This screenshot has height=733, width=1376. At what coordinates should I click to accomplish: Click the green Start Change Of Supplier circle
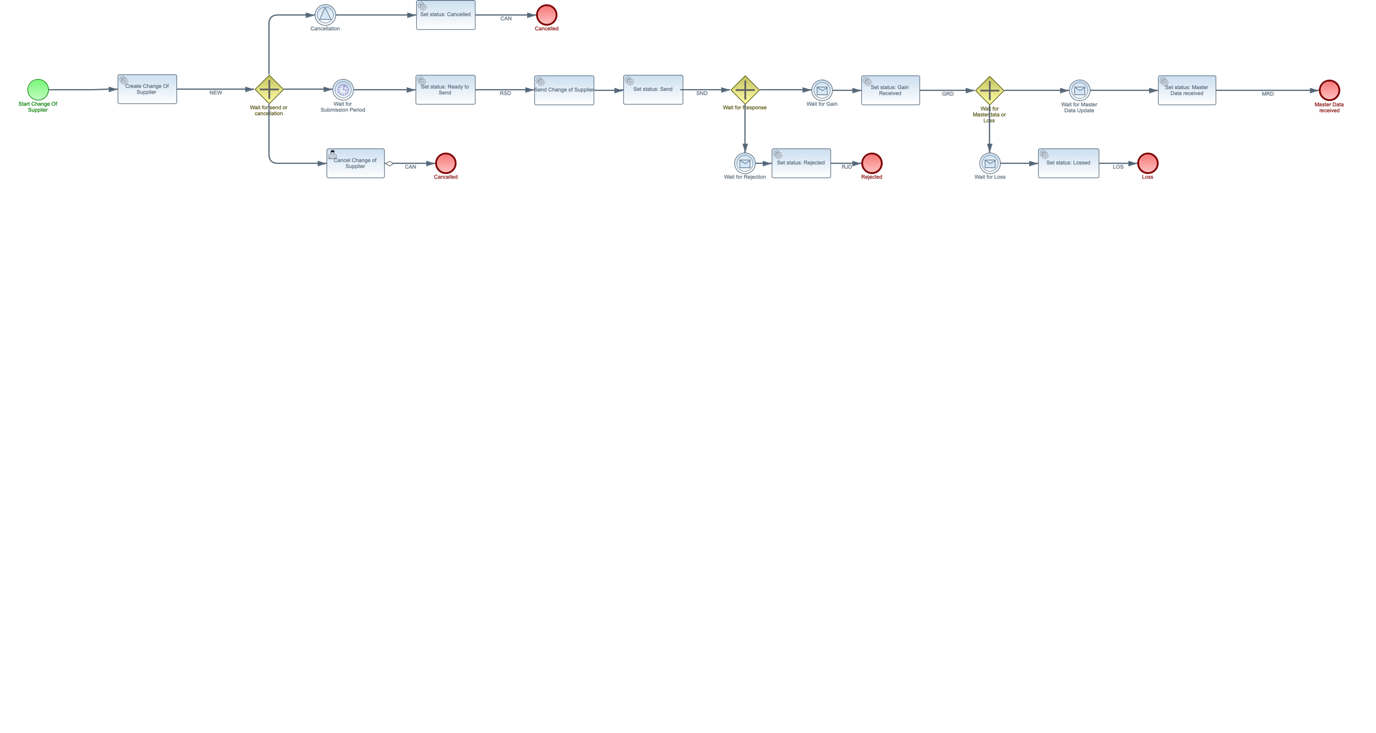[x=38, y=90]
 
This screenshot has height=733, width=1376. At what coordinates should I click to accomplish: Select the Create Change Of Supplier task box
[x=147, y=89]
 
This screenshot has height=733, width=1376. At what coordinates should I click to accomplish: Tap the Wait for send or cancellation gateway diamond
[x=269, y=90]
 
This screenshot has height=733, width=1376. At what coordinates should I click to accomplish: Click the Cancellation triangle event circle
[x=325, y=15]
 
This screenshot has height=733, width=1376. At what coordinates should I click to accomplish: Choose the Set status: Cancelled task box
[x=446, y=15]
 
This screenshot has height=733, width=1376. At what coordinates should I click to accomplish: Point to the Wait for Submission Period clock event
[x=343, y=90]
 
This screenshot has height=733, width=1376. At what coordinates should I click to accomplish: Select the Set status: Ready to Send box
[x=445, y=90]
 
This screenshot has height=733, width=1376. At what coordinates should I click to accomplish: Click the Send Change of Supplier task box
[x=564, y=90]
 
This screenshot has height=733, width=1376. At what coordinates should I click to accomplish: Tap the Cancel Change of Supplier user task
[x=356, y=163]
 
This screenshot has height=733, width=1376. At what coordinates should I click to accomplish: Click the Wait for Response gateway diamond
[x=745, y=90]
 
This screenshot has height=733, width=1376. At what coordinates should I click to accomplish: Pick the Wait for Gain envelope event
[x=822, y=90]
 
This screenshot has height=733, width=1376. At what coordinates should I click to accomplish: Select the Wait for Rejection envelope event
[x=745, y=163]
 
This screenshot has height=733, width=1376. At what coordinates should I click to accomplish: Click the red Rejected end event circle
[x=871, y=163]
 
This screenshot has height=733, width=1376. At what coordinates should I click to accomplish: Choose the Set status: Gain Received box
[x=890, y=90]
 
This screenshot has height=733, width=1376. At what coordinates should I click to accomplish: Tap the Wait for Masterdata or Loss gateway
[x=990, y=90]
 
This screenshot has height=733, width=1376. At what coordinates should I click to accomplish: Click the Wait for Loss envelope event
[x=990, y=163]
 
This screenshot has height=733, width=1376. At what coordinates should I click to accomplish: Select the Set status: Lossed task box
[x=1069, y=163]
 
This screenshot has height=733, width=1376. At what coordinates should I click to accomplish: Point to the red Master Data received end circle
[x=1329, y=90]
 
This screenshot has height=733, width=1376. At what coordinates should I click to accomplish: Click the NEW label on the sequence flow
[x=215, y=93]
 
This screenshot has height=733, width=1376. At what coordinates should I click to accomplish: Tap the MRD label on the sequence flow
[x=1267, y=94]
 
